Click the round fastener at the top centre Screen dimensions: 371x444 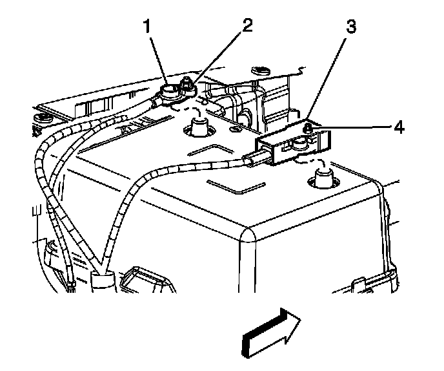tap(261, 67)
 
